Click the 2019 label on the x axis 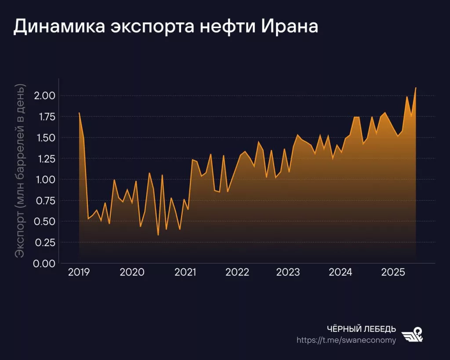(x=79, y=273)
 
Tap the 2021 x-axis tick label (x=185, y=273)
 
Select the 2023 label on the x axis (x=288, y=273)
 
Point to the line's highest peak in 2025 (x=416, y=88)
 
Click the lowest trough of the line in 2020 (x=158, y=235)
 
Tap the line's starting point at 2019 (x=79, y=113)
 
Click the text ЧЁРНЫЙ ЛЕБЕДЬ (x=362, y=329)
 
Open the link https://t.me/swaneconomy (x=346, y=340)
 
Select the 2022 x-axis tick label (x=237, y=273)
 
